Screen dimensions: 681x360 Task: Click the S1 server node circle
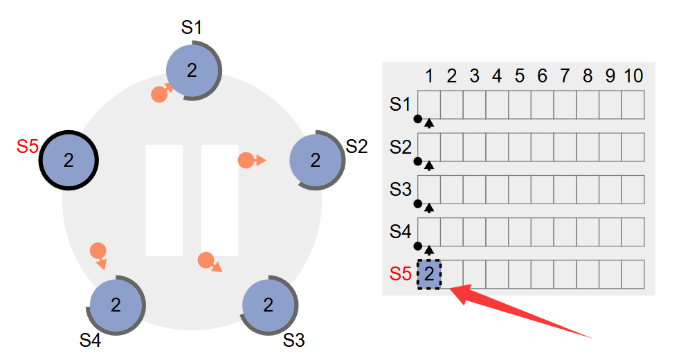192,70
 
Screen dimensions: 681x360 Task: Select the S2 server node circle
316,160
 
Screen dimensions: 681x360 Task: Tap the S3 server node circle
269,305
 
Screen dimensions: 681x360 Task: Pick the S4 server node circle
116,305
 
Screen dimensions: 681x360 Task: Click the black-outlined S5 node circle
68,160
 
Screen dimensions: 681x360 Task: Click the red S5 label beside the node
27,147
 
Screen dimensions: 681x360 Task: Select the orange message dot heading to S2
246,161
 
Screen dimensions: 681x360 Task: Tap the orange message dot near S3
206,260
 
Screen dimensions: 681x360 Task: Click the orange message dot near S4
98,250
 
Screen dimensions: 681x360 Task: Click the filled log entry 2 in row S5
429,274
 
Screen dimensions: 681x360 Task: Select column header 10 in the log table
633,75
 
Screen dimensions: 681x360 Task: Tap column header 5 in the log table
520,75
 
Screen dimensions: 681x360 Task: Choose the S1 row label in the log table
400,105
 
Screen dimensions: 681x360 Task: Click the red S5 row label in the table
400,274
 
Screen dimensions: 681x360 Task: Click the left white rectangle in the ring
164,200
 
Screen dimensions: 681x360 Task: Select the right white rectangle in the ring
219,200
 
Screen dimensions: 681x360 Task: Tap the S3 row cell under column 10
633,190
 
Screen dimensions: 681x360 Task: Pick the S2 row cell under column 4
497,147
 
